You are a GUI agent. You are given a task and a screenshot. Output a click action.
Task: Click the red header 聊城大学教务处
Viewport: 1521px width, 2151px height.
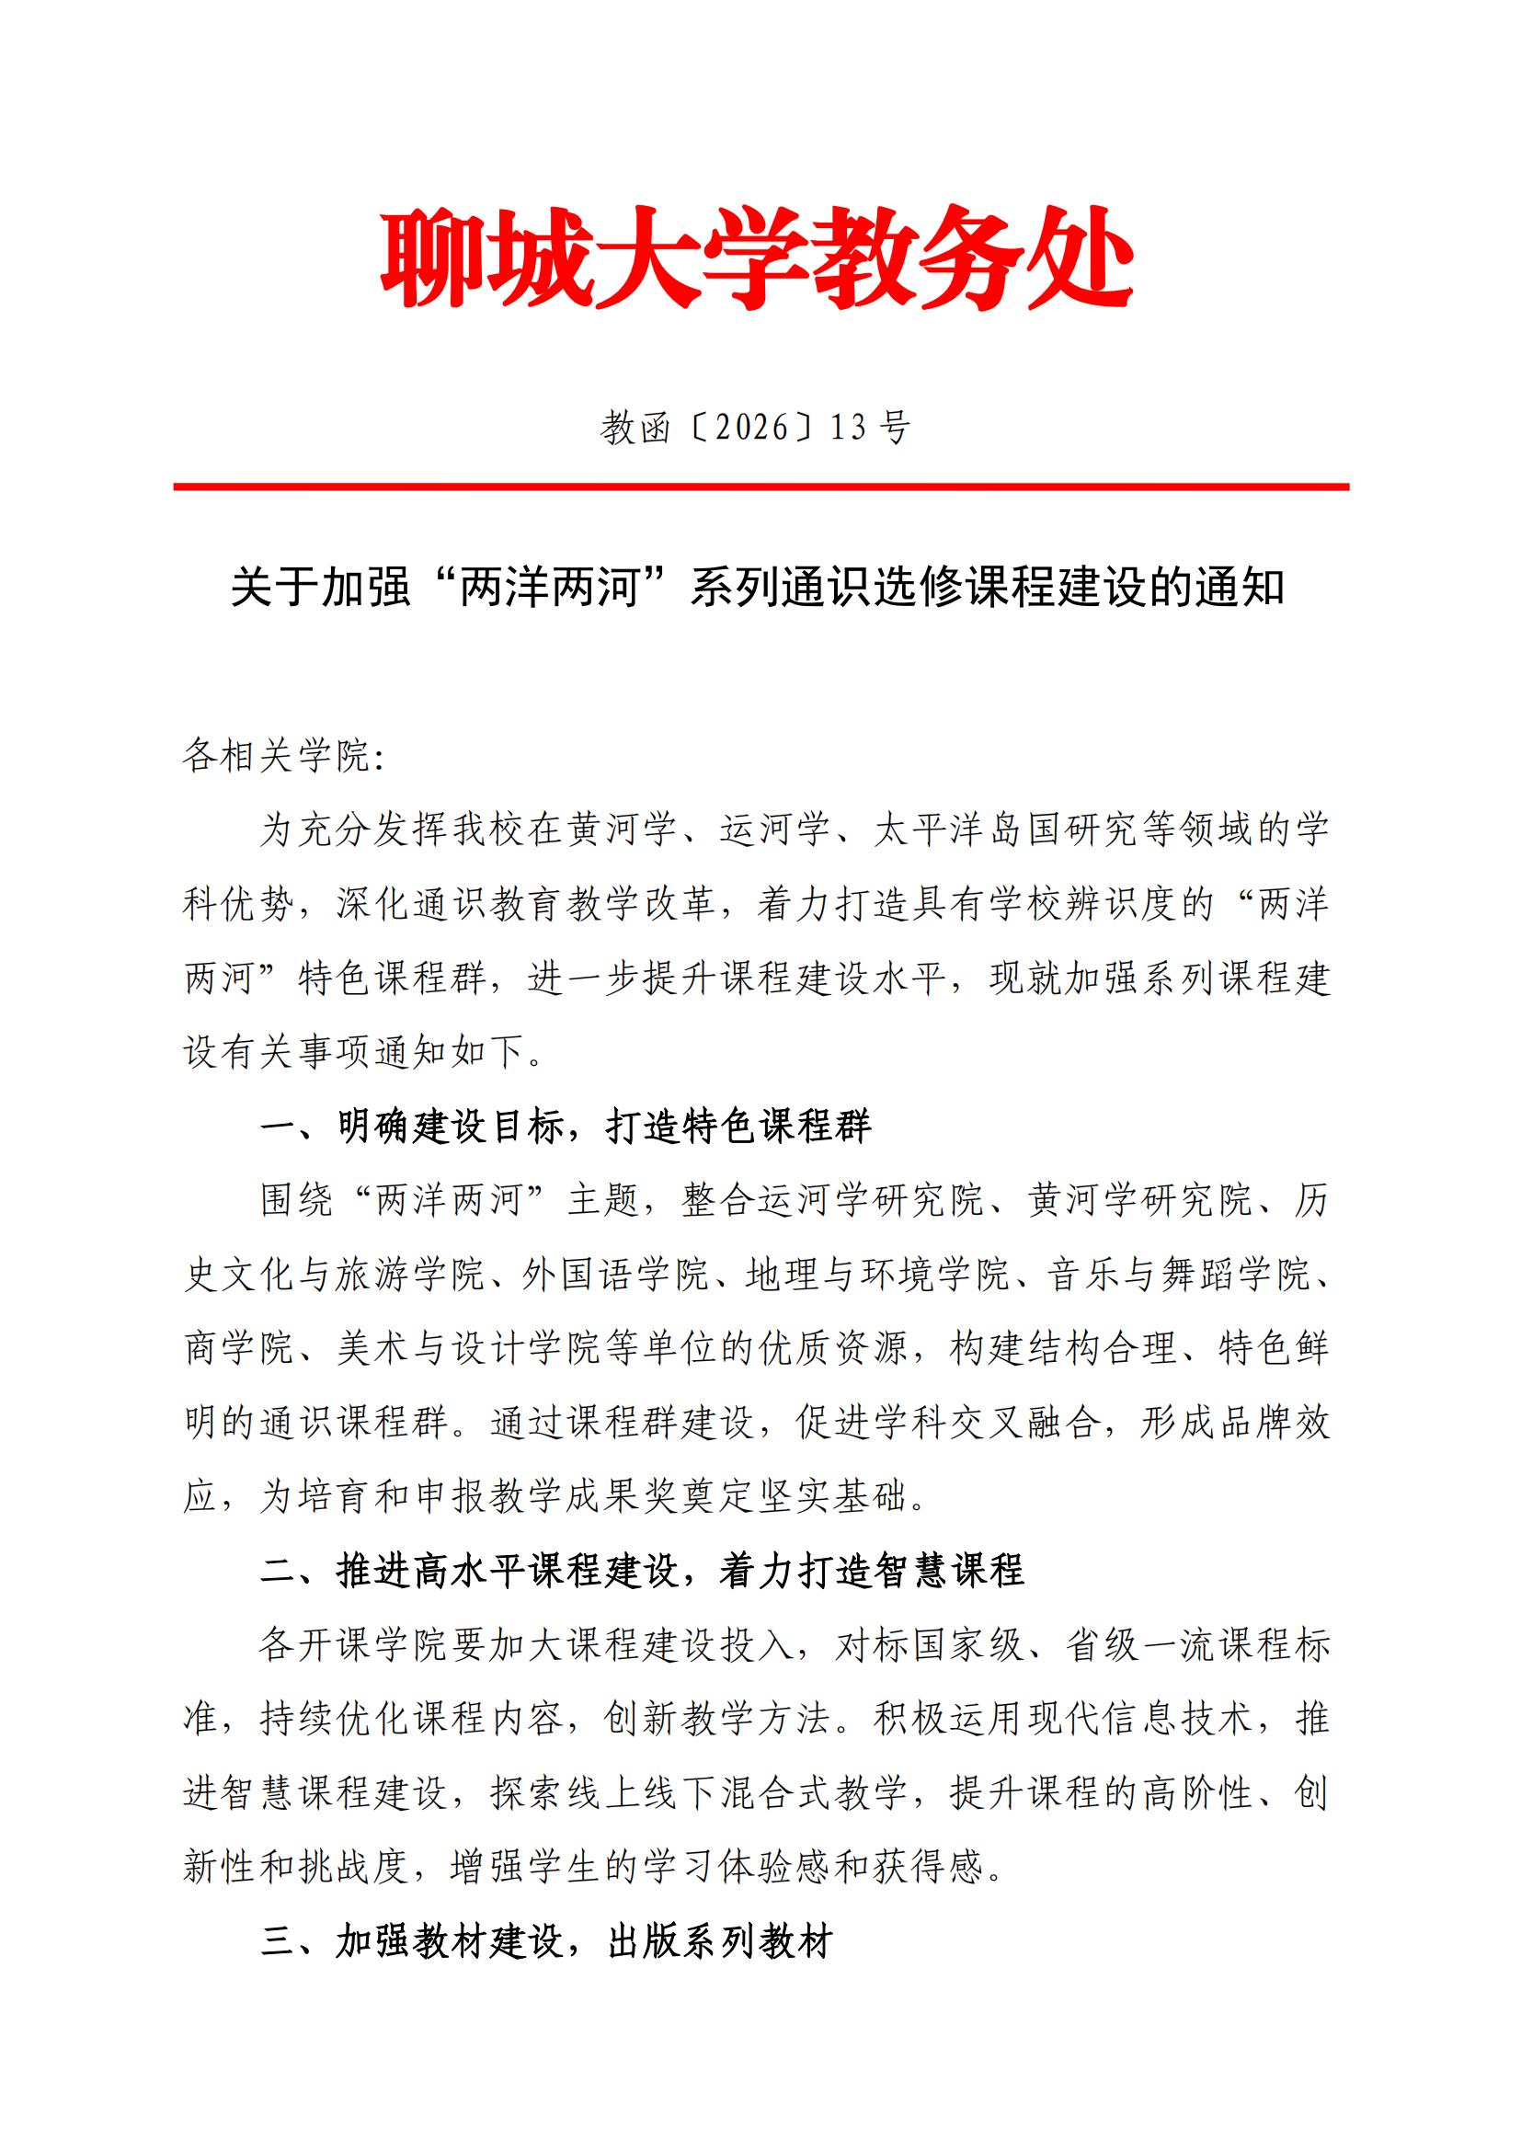(759, 257)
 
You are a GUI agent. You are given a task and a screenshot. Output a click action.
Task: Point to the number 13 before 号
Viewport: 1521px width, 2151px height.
(849, 429)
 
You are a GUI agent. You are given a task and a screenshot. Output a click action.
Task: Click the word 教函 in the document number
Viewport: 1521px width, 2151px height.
(636, 429)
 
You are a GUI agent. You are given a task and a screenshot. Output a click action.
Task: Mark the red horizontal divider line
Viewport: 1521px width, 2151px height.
(760, 487)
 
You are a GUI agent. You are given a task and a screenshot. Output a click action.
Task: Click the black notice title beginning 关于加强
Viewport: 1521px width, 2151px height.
(759, 589)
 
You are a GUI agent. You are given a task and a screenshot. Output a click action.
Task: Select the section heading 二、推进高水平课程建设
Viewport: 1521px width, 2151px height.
(642, 1571)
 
